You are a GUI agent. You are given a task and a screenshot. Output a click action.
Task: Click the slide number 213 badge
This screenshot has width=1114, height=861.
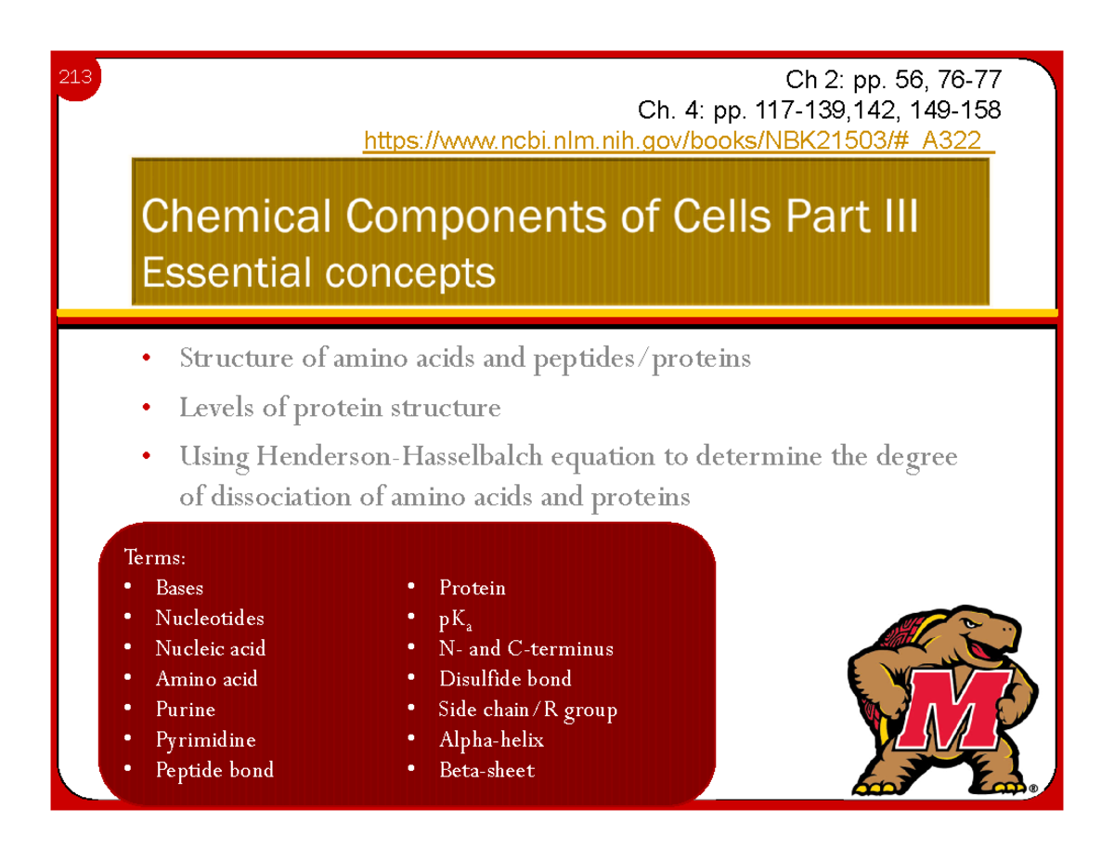(x=75, y=78)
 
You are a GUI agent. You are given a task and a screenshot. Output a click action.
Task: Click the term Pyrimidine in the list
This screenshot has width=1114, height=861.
(x=205, y=740)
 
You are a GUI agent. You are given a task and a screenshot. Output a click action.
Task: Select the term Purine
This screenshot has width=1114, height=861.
(x=186, y=710)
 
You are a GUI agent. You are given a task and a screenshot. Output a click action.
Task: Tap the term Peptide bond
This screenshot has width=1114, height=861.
(x=214, y=770)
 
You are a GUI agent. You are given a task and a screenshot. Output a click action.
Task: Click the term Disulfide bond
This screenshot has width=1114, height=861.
(x=505, y=679)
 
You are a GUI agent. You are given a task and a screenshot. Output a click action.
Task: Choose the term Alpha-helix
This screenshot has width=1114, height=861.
(x=491, y=740)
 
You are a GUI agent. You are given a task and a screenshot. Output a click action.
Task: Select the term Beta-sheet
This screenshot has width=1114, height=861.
(x=486, y=770)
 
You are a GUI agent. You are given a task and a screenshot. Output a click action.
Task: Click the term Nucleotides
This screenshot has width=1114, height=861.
(x=210, y=618)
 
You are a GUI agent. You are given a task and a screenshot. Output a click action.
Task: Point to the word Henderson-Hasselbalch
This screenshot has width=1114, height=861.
(x=403, y=458)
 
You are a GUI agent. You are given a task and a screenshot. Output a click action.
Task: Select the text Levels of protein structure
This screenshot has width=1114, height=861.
(x=340, y=408)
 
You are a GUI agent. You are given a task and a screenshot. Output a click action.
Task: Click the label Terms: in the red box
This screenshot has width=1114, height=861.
(x=154, y=558)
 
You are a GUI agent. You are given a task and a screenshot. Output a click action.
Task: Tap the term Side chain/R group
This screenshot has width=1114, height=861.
(x=527, y=711)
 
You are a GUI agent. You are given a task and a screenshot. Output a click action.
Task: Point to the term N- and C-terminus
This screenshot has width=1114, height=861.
(x=525, y=649)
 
